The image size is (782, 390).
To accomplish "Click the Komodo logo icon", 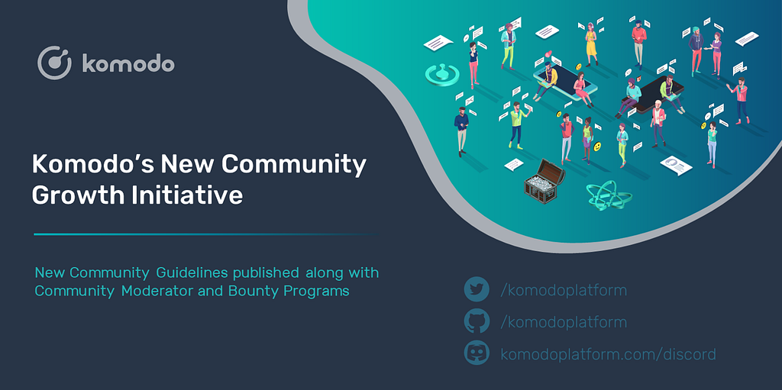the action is [x=54, y=63].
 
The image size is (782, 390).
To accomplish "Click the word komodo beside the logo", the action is [x=128, y=64].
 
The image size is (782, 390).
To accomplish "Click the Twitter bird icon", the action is [x=477, y=289].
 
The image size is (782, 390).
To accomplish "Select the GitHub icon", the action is [x=477, y=321].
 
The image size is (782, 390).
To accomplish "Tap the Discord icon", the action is [x=477, y=353].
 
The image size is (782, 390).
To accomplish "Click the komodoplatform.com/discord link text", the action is [x=609, y=354].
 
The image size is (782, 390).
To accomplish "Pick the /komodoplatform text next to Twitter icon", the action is [x=564, y=290].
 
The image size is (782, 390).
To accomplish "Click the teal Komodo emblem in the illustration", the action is [x=441, y=74].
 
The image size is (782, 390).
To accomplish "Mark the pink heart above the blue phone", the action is [x=548, y=54].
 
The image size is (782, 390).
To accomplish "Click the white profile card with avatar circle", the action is [x=677, y=165].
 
